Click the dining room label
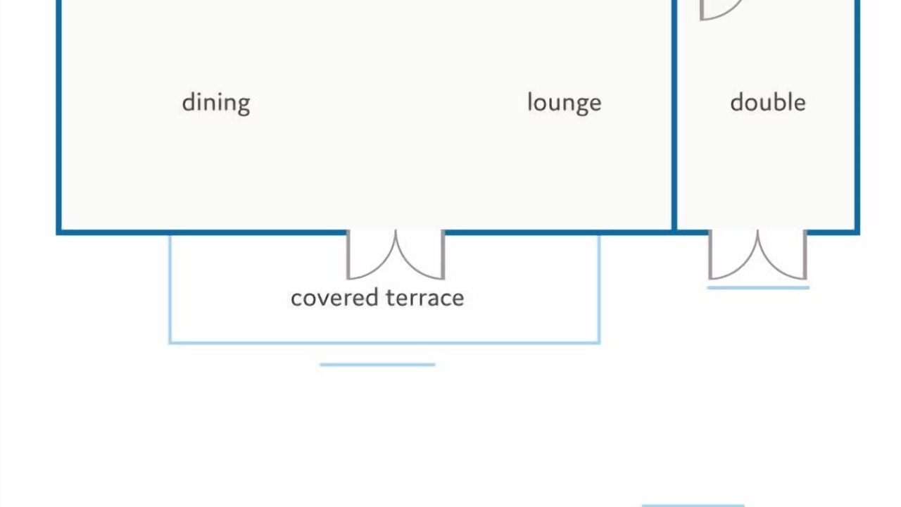pyautogui.click(x=216, y=104)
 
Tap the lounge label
pyautogui.click(x=565, y=104)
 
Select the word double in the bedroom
pyautogui.click(x=768, y=102)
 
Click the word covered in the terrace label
pyautogui.click(x=334, y=298)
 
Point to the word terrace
pyautogui.click(x=424, y=298)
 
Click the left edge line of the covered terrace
pyautogui.click(x=170, y=289)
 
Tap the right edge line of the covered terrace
pyautogui.click(x=599, y=289)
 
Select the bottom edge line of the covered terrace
pyautogui.click(x=384, y=343)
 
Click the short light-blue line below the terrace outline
pyautogui.click(x=377, y=365)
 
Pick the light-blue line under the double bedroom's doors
pyautogui.click(x=758, y=288)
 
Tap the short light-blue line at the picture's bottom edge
pyautogui.click(x=693, y=506)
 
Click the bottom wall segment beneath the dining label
pyautogui.click(x=201, y=232)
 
